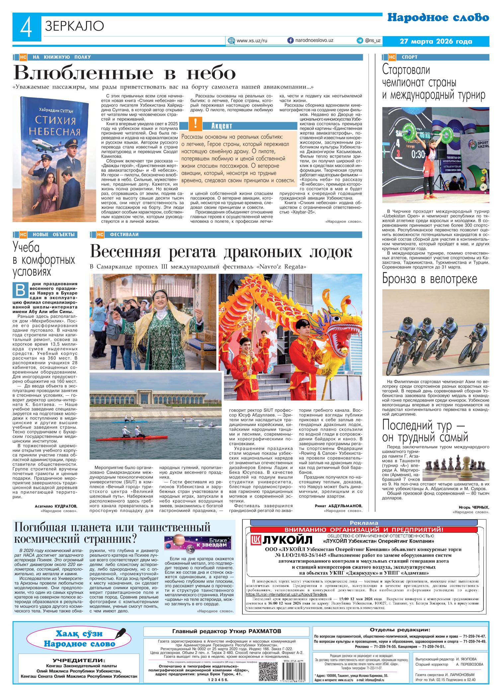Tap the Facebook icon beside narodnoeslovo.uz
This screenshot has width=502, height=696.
click(x=290, y=40)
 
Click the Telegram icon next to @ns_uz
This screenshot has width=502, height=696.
click(x=359, y=40)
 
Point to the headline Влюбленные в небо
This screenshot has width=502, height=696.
click(x=124, y=72)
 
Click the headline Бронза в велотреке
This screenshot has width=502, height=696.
click(x=429, y=279)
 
